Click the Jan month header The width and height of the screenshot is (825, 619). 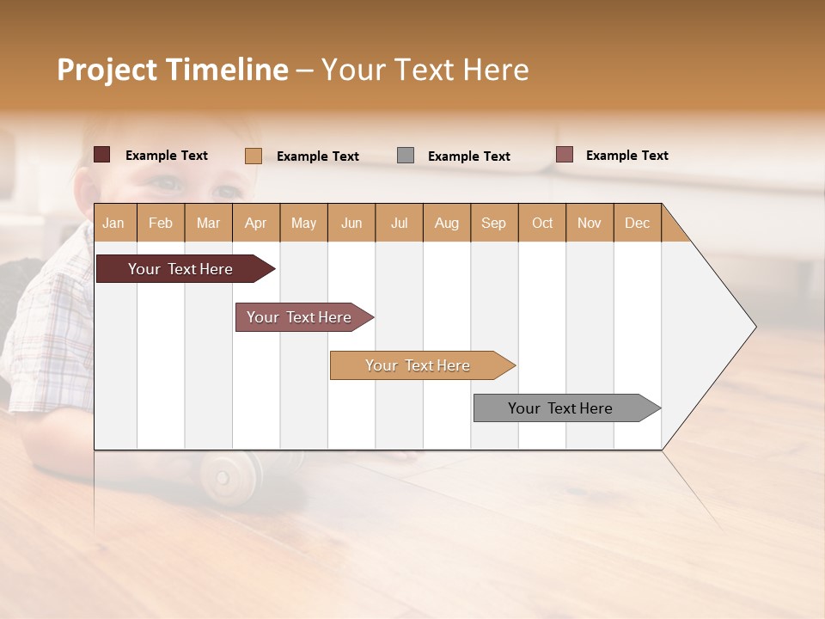click(x=113, y=223)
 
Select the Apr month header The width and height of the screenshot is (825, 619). click(x=255, y=223)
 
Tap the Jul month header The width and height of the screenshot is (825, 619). click(x=399, y=223)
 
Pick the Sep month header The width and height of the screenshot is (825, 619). click(x=493, y=223)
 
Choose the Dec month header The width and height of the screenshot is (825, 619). click(x=637, y=223)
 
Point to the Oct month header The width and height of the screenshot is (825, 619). click(x=542, y=223)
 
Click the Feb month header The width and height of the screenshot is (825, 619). click(x=161, y=223)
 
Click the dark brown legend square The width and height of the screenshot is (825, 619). click(x=101, y=155)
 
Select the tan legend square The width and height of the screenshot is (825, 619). click(x=253, y=156)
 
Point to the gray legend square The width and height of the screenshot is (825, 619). click(x=406, y=156)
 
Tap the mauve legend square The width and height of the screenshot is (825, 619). click(x=564, y=155)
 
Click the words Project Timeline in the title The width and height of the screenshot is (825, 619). click(x=172, y=70)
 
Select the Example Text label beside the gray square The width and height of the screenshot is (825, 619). click(x=469, y=156)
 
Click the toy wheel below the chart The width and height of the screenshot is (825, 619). click(x=229, y=470)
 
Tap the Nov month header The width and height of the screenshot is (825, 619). click(x=590, y=223)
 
